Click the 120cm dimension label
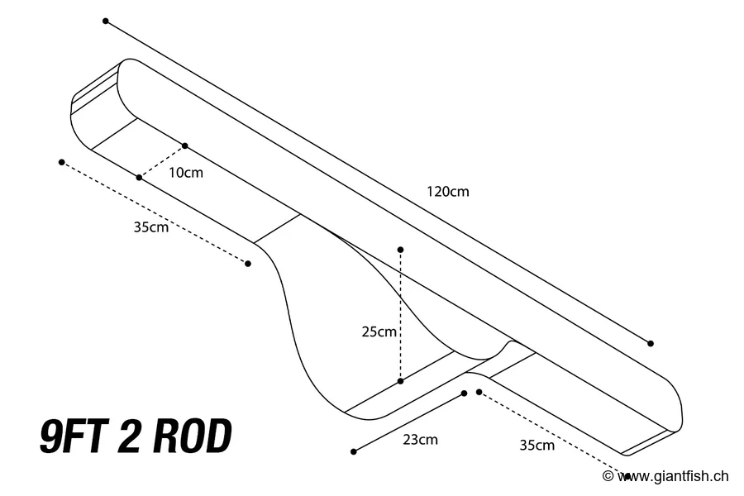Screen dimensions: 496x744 pyautogui.click(x=447, y=191)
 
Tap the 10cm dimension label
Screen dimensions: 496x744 pyautogui.click(x=185, y=173)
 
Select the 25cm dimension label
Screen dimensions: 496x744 pyautogui.click(x=379, y=331)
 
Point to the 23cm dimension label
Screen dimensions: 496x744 pyautogui.click(x=420, y=440)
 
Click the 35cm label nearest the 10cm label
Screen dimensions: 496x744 pyautogui.click(x=150, y=227)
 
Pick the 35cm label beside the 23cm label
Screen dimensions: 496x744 pyautogui.click(x=537, y=445)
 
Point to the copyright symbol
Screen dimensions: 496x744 pyautogui.click(x=608, y=476)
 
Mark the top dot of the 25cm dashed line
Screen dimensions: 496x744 pyautogui.click(x=400, y=249)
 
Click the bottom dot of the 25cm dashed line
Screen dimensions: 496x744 pyautogui.click(x=400, y=381)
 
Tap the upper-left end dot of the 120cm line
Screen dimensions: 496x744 pyautogui.click(x=106, y=21)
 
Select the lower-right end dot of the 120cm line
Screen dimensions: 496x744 pyautogui.click(x=651, y=343)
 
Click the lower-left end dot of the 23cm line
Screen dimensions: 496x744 pyautogui.click(x=354, y=451)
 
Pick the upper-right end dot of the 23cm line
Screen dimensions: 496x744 pyautogui.click(x=464, y=393)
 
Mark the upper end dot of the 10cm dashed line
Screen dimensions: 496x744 pyautogui.click(x=184, y=145)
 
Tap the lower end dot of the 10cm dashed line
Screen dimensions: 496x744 pyautogui.click(x=139, y=177)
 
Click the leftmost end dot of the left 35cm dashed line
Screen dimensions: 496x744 pyautogui.click(x=62, y=162)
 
